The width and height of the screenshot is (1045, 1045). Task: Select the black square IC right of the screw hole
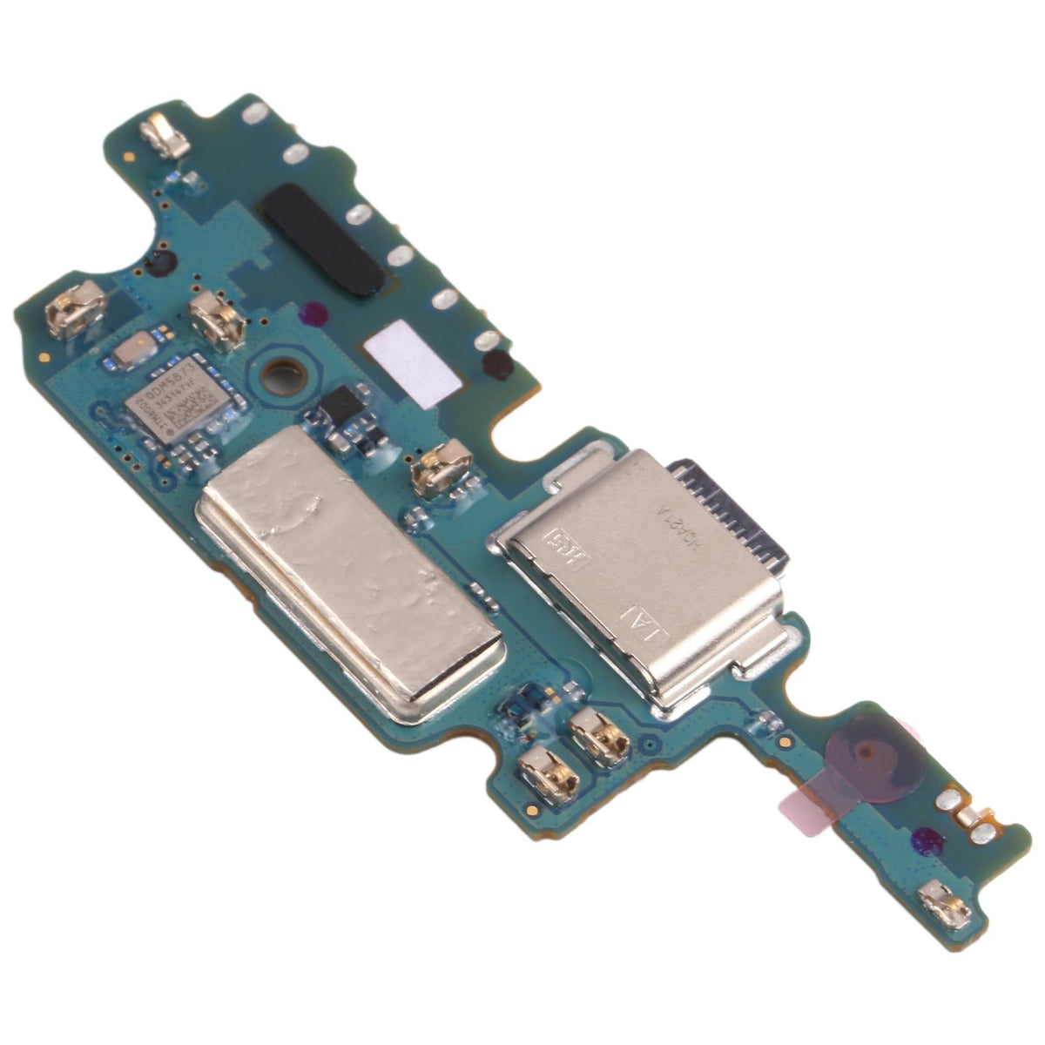click(341, 407)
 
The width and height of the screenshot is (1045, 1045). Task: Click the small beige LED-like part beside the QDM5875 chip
click(138, 349)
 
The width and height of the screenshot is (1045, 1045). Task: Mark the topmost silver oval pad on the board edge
click(255, 112)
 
